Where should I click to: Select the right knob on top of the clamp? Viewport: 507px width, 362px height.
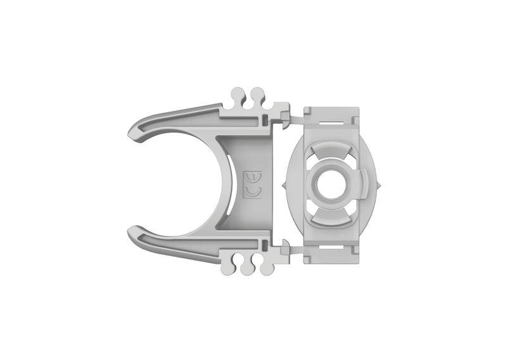257,95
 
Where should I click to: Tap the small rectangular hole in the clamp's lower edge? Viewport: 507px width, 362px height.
263,245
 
